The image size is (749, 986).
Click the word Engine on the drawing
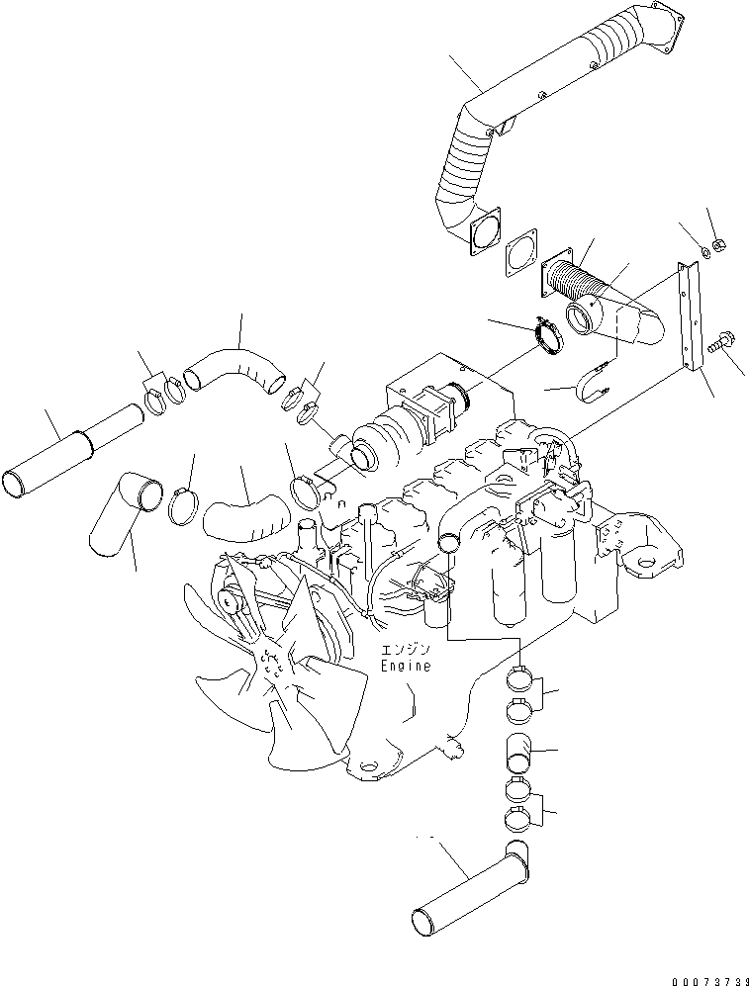tap(406, 666)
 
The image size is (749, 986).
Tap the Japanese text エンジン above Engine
tap(406, 650)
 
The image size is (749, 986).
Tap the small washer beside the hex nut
tap(703, 253)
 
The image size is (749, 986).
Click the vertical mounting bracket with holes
tap(689, 316)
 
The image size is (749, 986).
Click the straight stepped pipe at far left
tap(72, 451)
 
